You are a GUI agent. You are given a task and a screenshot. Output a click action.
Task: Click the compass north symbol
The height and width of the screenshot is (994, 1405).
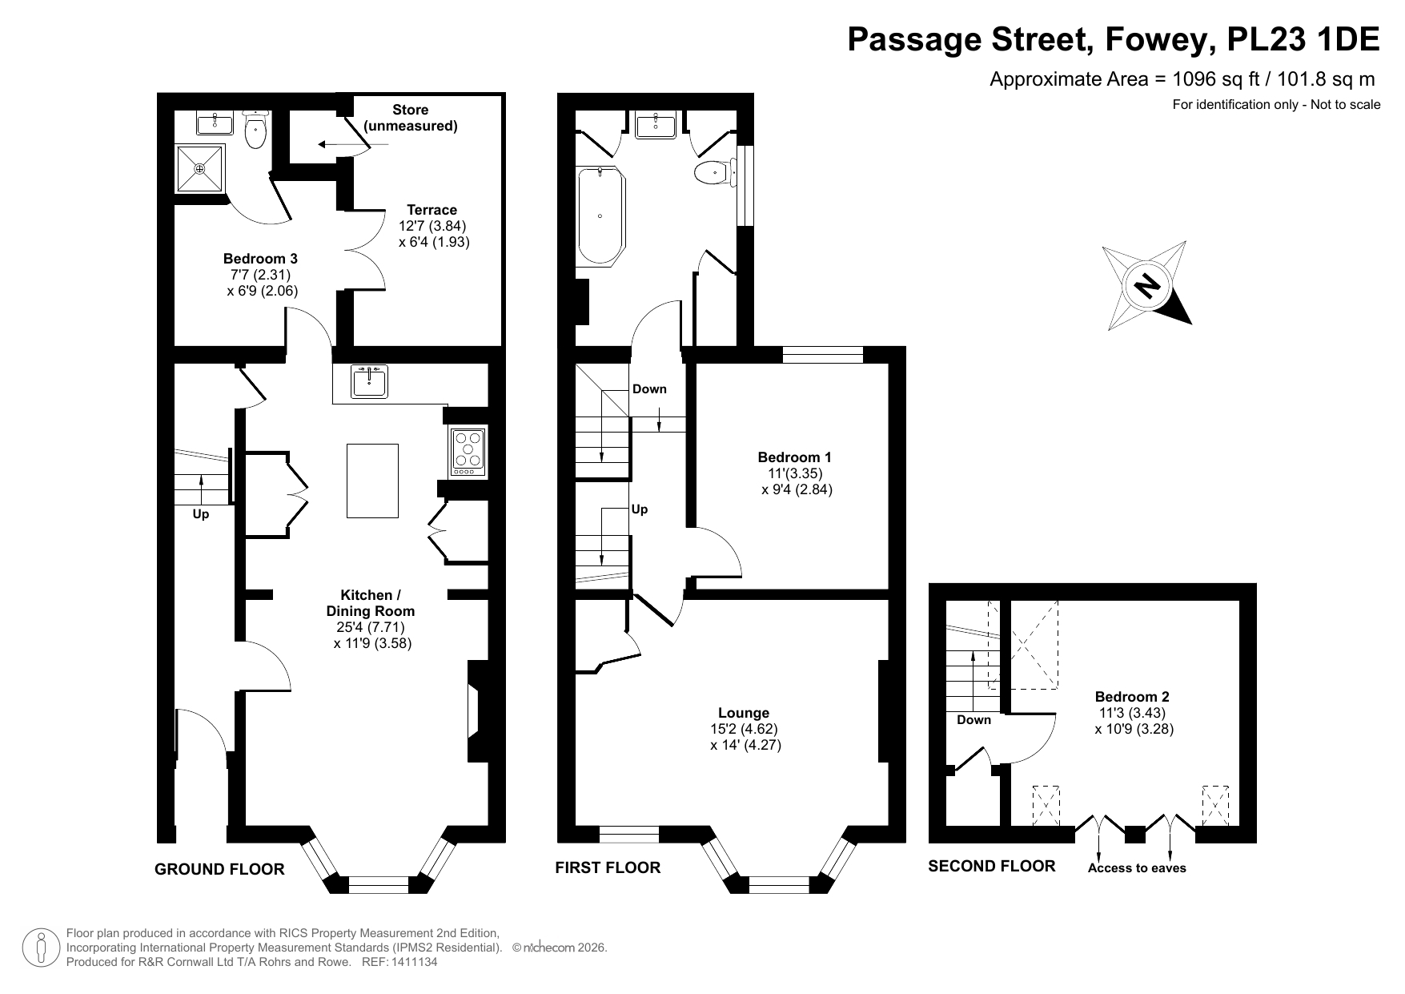point(1147,285)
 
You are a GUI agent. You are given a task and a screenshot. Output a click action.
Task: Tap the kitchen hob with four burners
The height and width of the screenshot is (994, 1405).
point(469,450)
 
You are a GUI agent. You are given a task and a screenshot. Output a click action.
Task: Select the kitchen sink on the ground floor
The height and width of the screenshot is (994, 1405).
point(369,380)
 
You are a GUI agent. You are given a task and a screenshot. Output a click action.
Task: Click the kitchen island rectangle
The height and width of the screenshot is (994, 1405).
point(372,481)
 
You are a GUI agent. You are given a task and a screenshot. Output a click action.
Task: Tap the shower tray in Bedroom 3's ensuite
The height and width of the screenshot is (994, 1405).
point(200,168)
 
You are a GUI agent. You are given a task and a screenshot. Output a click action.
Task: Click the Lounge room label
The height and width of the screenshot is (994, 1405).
point(744,713)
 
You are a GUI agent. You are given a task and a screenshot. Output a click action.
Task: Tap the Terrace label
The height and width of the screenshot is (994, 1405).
point(432,210)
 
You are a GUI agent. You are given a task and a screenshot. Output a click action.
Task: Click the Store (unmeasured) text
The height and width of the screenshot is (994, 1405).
point(411,118)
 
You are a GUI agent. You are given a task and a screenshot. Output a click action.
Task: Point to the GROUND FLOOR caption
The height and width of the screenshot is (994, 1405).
point(219,869)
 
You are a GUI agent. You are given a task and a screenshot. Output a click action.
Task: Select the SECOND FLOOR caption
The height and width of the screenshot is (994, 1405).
point(992,866)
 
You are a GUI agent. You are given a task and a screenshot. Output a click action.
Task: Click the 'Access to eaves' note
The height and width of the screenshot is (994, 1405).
point(1137,868)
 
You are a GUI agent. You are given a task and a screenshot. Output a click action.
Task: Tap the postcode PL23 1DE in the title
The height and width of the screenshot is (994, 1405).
point(1303,39)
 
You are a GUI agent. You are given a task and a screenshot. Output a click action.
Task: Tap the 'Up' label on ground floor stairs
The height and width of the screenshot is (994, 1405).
point(201,514)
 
